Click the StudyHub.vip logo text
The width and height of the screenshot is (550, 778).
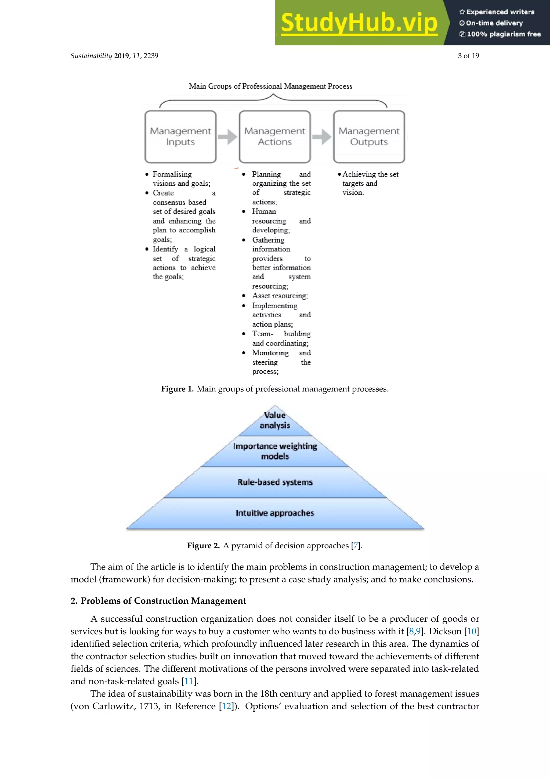(359, 23)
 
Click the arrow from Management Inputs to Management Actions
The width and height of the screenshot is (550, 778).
(227, 137)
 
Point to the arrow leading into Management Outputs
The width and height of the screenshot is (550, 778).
(322, 137)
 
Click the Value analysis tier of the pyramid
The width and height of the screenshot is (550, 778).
(275, 420)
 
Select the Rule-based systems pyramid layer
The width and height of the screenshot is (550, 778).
(275, 482)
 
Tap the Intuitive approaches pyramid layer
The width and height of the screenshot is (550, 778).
(275, 513)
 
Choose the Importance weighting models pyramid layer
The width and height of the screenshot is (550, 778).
(275, 451)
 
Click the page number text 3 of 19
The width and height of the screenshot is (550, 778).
(468, 56)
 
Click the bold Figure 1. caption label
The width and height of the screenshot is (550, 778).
(177, 389)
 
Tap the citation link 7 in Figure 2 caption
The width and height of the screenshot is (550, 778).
(355, 546)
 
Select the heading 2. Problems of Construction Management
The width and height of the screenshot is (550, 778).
(158, 601)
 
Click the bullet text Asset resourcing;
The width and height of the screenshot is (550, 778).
(280, 296)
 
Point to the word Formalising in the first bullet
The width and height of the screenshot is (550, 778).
(172, 175)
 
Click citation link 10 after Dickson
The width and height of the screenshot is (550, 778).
(471, 631)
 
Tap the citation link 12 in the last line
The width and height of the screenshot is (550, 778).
(226, 706)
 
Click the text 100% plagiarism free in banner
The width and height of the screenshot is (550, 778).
(504, 34)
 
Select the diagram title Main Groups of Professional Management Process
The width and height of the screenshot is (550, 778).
(270, 87)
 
